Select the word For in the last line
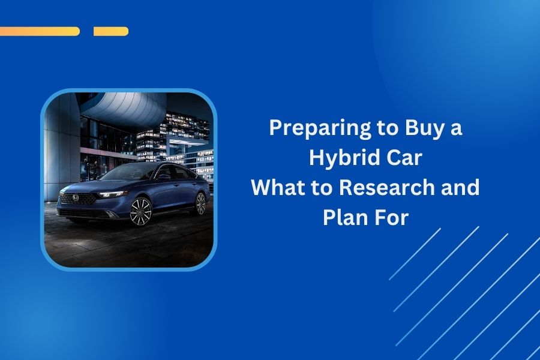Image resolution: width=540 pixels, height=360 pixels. (392, 217)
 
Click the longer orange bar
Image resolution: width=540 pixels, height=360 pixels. (40, 31)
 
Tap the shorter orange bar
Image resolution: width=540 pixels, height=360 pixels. (111, 31)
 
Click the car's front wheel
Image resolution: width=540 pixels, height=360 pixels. (140, 211)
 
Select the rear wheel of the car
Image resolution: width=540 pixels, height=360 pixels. (200, 203)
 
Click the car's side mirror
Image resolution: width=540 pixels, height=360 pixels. (163, 178)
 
